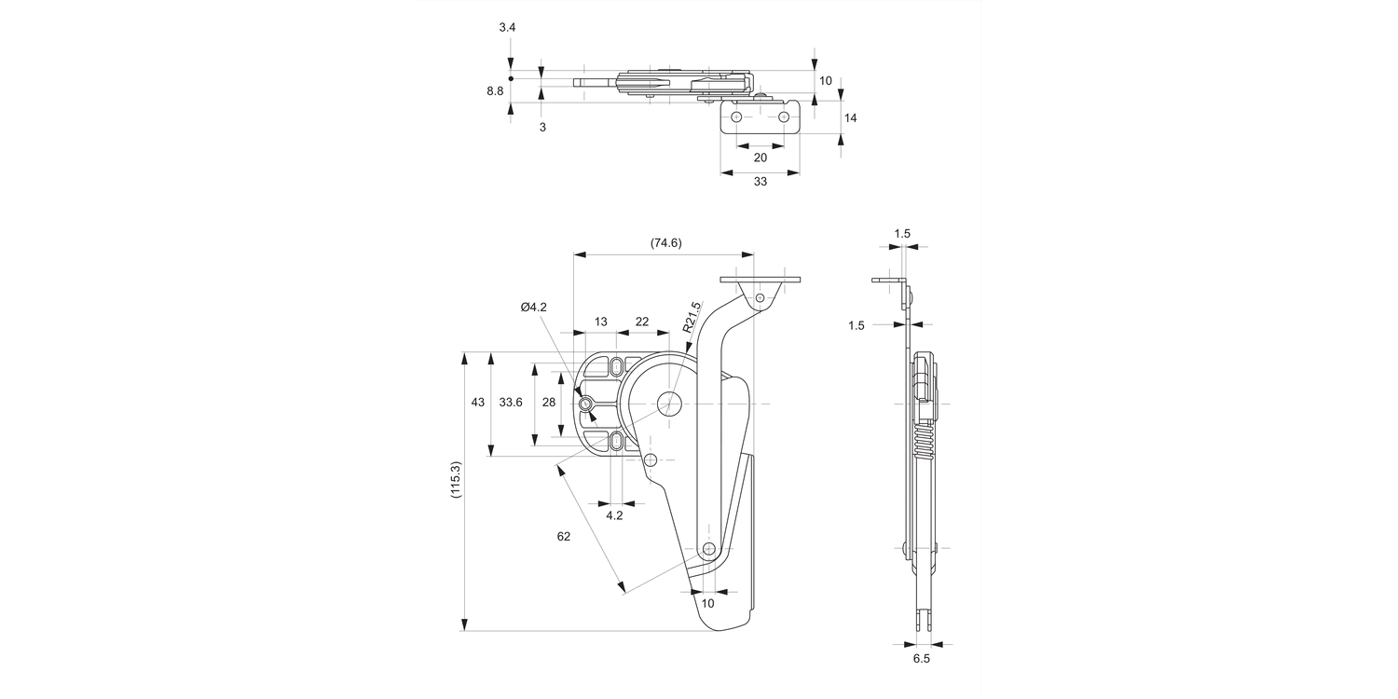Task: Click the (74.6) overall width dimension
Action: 665,243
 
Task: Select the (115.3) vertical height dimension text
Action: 455,480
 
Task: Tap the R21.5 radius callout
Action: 692,318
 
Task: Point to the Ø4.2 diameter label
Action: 534,307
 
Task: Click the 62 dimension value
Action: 563,536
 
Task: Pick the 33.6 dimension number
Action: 511,403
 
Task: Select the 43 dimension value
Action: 477,403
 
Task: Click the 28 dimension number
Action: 548,403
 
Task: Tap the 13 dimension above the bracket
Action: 600,322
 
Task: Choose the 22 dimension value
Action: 642,322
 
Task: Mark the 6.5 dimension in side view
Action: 921,659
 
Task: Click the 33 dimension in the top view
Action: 760,182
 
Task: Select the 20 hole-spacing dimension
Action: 760,158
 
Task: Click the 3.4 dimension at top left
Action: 507,28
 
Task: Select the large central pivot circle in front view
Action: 670,404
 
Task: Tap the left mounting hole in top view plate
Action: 736,117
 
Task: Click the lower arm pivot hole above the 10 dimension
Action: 708,548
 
